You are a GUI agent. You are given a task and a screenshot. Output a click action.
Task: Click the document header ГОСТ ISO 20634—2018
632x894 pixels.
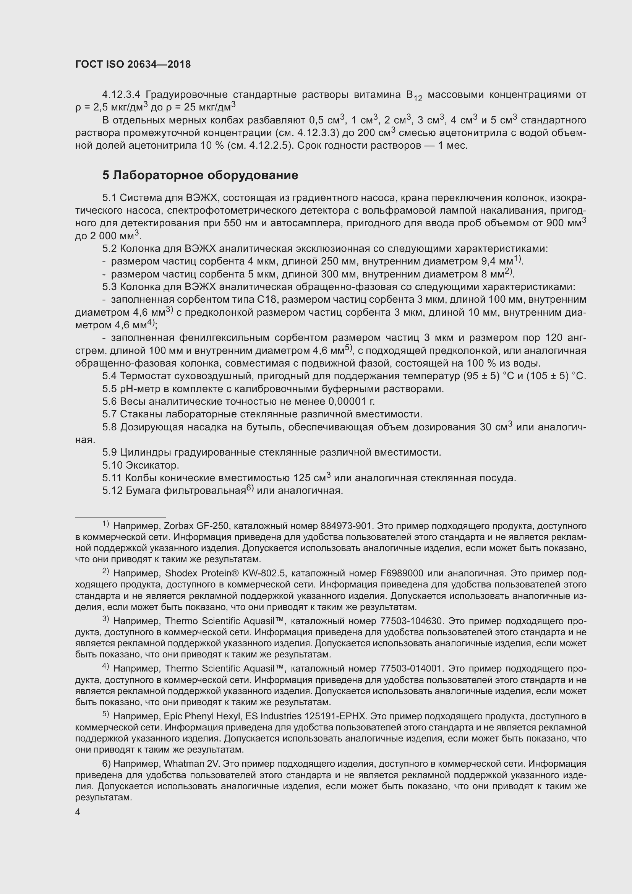(133, 65)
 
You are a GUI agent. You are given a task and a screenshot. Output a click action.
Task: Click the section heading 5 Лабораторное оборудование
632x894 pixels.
(200, 175)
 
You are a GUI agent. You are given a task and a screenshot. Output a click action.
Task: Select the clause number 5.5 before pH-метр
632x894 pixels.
(110, 389)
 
